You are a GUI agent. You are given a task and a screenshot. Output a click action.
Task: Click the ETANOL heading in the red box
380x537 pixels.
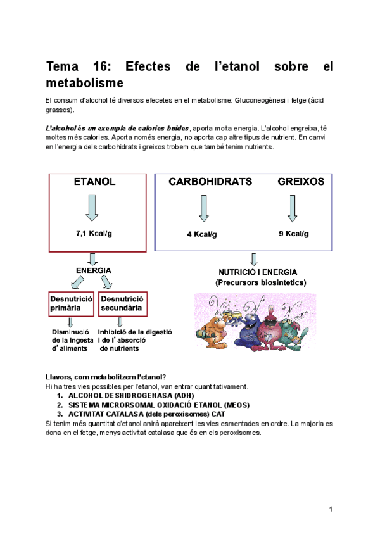(x=94, y=182)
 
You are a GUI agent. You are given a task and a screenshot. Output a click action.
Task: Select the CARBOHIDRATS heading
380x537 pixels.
(x=210, y=182)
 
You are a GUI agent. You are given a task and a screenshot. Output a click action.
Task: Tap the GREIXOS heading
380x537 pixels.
(x=301, y=182)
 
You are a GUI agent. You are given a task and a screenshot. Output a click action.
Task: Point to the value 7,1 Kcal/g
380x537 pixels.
(x=94, y=233)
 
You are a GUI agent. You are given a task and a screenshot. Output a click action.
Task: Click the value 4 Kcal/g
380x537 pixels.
(x=202, y=234)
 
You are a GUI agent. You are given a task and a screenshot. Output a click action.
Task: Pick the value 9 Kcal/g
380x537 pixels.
(x=293, y=234)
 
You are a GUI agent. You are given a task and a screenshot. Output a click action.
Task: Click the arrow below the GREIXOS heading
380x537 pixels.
(x=292, y=208)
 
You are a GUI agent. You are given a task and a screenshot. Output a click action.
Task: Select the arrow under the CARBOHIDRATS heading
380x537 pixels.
(x=203, y=208)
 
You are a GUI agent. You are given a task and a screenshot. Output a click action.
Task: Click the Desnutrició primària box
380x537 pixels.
(x=72, y=303)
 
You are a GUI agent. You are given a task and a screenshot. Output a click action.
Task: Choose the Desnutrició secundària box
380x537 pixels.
(x=123, y=303)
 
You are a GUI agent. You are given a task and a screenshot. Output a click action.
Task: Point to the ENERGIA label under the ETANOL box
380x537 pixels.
(x=94, y=270)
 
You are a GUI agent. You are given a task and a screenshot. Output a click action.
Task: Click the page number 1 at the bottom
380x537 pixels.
(x=331, y=510)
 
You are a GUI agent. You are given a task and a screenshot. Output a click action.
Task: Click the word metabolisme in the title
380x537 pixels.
(x=85, y=83)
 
